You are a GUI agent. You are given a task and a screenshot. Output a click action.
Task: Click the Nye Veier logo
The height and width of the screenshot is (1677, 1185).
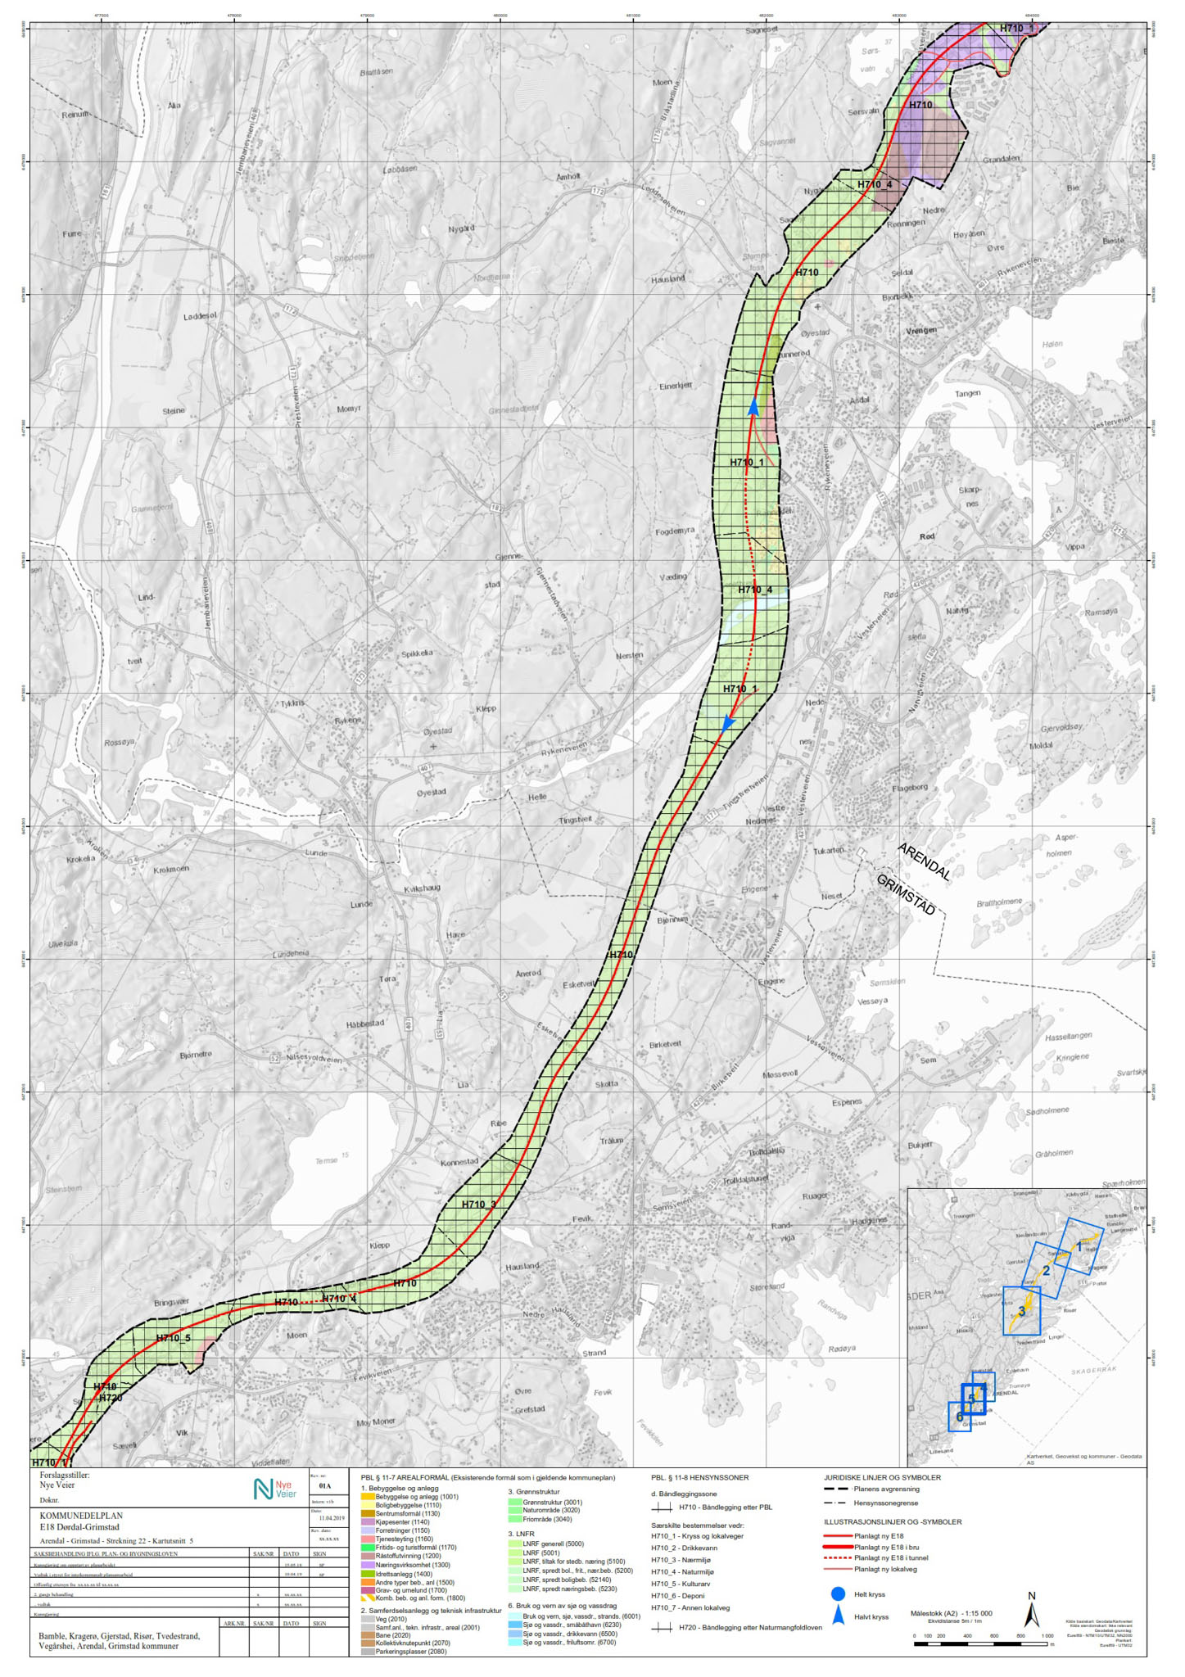coord(275,1489)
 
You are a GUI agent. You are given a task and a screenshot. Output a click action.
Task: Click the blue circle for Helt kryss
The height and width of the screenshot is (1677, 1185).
coord(837,1594)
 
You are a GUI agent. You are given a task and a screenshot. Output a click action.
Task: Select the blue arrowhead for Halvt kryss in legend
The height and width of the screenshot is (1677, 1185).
coord(838,1616)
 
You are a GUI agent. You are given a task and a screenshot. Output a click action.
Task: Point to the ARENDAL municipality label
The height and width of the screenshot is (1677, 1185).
coord(925,861)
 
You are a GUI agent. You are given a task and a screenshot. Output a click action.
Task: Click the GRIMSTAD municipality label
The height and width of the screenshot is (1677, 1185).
coord(905,894)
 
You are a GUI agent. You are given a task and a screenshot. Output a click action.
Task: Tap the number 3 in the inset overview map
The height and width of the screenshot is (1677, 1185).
coord(1021,1311)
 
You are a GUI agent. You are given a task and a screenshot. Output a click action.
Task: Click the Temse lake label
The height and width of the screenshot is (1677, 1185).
coord(326,1161)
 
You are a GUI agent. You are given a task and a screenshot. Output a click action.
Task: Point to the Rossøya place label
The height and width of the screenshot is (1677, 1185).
coord(119,742)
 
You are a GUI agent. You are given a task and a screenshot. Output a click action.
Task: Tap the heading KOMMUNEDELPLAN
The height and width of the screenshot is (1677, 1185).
coord(81,1516)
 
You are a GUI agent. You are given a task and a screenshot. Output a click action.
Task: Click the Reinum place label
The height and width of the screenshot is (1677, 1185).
coord(75,115)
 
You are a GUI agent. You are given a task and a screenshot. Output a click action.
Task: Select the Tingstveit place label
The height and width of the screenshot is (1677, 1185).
coord(574,819)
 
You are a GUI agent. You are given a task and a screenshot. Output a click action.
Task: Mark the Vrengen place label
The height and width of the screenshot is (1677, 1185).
coord(921,331)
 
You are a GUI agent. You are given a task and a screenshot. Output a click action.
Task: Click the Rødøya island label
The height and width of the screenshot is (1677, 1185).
coord(841,1349)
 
